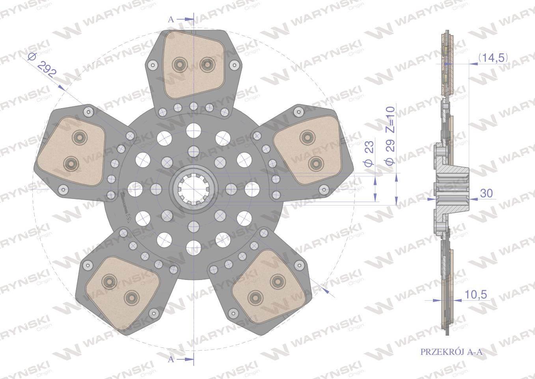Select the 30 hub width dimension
pyautogui.click(x=486, y=193)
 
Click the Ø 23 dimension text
pyautogui.click(x=369, y=154)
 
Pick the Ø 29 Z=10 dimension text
pyautogui.click(x=390, y=135)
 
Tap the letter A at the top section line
pyautogui.click(x=171, y=19)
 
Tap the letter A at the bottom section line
pyautogui.click(x=171, y=366)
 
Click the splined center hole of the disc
pyautogui.click(x=193, y=189)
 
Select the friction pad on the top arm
pyautogui.click(x=194, y=65)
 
